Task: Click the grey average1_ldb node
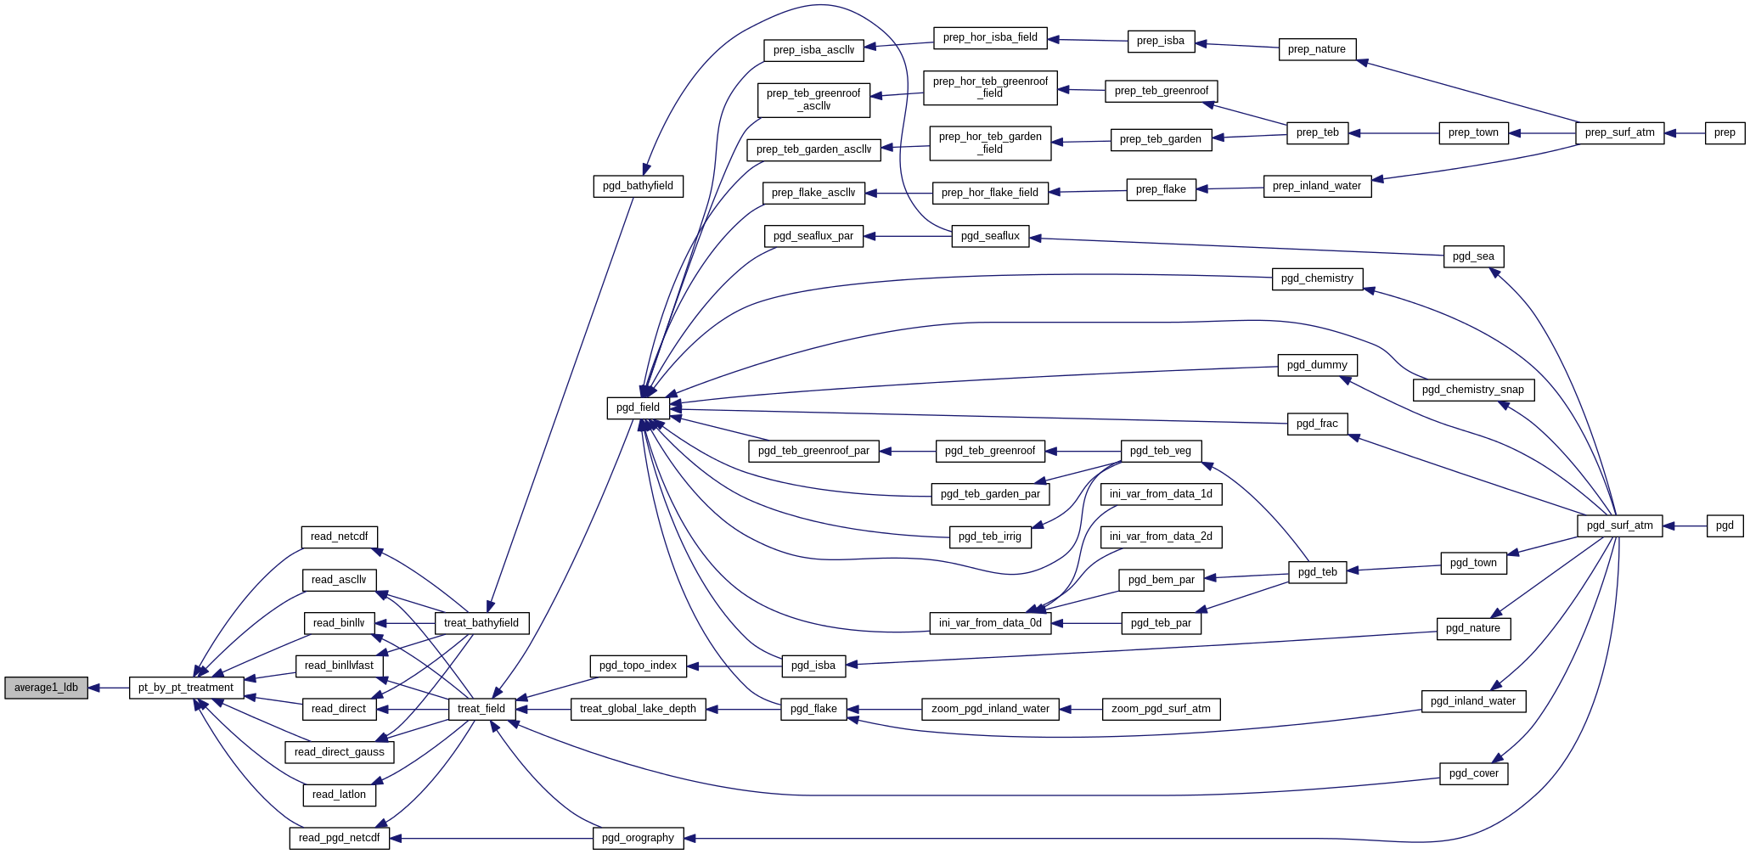tap(46, 688)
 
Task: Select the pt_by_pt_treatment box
tap(186, 688)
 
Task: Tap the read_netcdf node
tap(339, 537)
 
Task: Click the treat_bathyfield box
tap(481, 623)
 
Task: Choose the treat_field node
tap(481, 709)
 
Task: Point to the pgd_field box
tap(638, 407)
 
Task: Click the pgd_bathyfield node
tap(638, 186)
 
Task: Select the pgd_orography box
tap(638, 838)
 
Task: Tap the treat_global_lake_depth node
tap(638, 709)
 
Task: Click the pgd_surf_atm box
tap(1619, 525)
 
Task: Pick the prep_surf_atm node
tap(1619, 132)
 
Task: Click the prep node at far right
tap(1725, 132)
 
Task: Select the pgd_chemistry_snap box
tap(1473, 390)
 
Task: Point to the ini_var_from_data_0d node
tap(990, 623)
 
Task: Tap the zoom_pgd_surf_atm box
tap(1161, 709)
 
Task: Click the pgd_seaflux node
tap(990, 236)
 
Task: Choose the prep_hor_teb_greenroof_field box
tap(990, 87)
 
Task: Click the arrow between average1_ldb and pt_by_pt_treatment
tap(109, 688)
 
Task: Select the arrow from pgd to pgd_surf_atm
tap(1685, 526)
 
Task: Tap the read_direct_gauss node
tap(339, 752)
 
